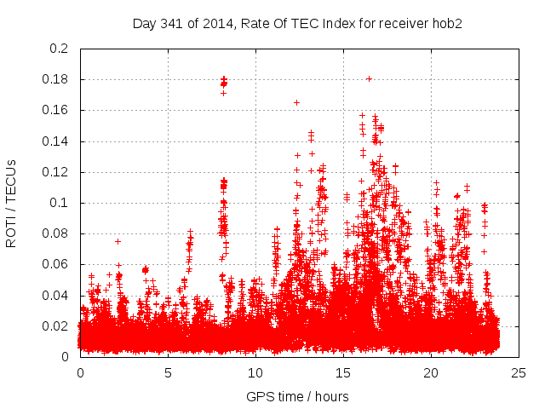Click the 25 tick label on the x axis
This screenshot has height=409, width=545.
click(519, 372)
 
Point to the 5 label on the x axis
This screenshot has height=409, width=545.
click(168, 372)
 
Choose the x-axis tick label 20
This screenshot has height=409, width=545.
click(432, 372)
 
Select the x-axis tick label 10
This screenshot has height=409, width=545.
click(255, 372)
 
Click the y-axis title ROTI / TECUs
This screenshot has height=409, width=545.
click(12, 203)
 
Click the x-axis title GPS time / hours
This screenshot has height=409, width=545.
click(297, 396)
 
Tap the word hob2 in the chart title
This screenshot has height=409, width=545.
click(445, 23)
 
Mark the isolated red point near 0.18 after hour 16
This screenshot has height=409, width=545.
click(369, 78)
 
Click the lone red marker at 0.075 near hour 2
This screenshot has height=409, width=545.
click(118, 241)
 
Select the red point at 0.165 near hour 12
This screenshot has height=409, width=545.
click(296, 102)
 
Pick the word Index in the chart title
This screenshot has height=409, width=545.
click(347, 23)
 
